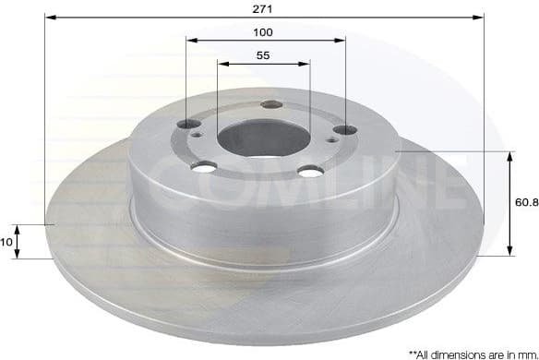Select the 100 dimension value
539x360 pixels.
coord(265,31)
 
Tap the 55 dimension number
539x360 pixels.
coord(263,55)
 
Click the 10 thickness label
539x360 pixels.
coord(8,241)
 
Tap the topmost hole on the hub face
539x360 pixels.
coord(270,104)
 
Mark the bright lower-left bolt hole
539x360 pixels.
coord(205,167)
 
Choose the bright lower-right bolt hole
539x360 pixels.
coord(311,171)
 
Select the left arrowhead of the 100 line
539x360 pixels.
coord(190,40)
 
